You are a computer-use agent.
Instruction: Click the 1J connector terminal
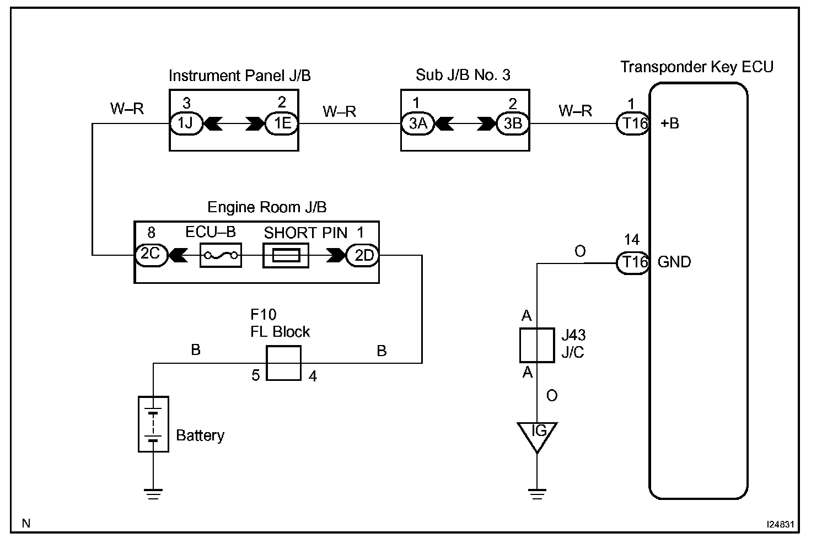pyautogui.click(x=186, y=123)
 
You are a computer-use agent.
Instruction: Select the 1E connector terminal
pyautogui.click(x=282, y=123)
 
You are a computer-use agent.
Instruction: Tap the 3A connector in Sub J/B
pyautogui.click(x=418, y=123)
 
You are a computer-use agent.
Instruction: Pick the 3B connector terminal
pyautogui.click(x=513, y=123)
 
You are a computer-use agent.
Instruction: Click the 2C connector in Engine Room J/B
pyautogui.click(x=151, y=255)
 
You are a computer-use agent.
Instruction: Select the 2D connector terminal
pyautogui.click(x=363, y=255)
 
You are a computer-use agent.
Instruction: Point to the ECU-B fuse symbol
pyautogui.click(x=221, y=255)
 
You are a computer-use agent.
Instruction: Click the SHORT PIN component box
pyautogui.click(x=286, y=256)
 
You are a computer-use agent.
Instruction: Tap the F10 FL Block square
pyautogui.click(x=283, y=363)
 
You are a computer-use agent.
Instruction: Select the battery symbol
pyautogui.click(x=153, y=424)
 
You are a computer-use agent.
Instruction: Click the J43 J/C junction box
pyautogui.click(x=537, y=345)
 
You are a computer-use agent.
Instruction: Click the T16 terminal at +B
pyautogui.click(x=632, y=123)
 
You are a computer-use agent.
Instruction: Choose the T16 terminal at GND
pyautogui.click(x=632, y=262)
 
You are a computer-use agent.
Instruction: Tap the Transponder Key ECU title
pyautogui.click(x=697, y=67)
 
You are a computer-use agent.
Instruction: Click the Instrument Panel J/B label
pyautogui.click(x=239, y=76)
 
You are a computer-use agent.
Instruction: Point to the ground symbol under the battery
pyautogui.click(x=153, y=493)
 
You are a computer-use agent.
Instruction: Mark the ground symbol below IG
pyautogui.click(x=537, y=493)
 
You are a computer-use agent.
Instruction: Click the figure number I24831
pyautogui.click(x=780, y=524)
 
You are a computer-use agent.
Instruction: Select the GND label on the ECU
pyautogui.click(x=674, y=262)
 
